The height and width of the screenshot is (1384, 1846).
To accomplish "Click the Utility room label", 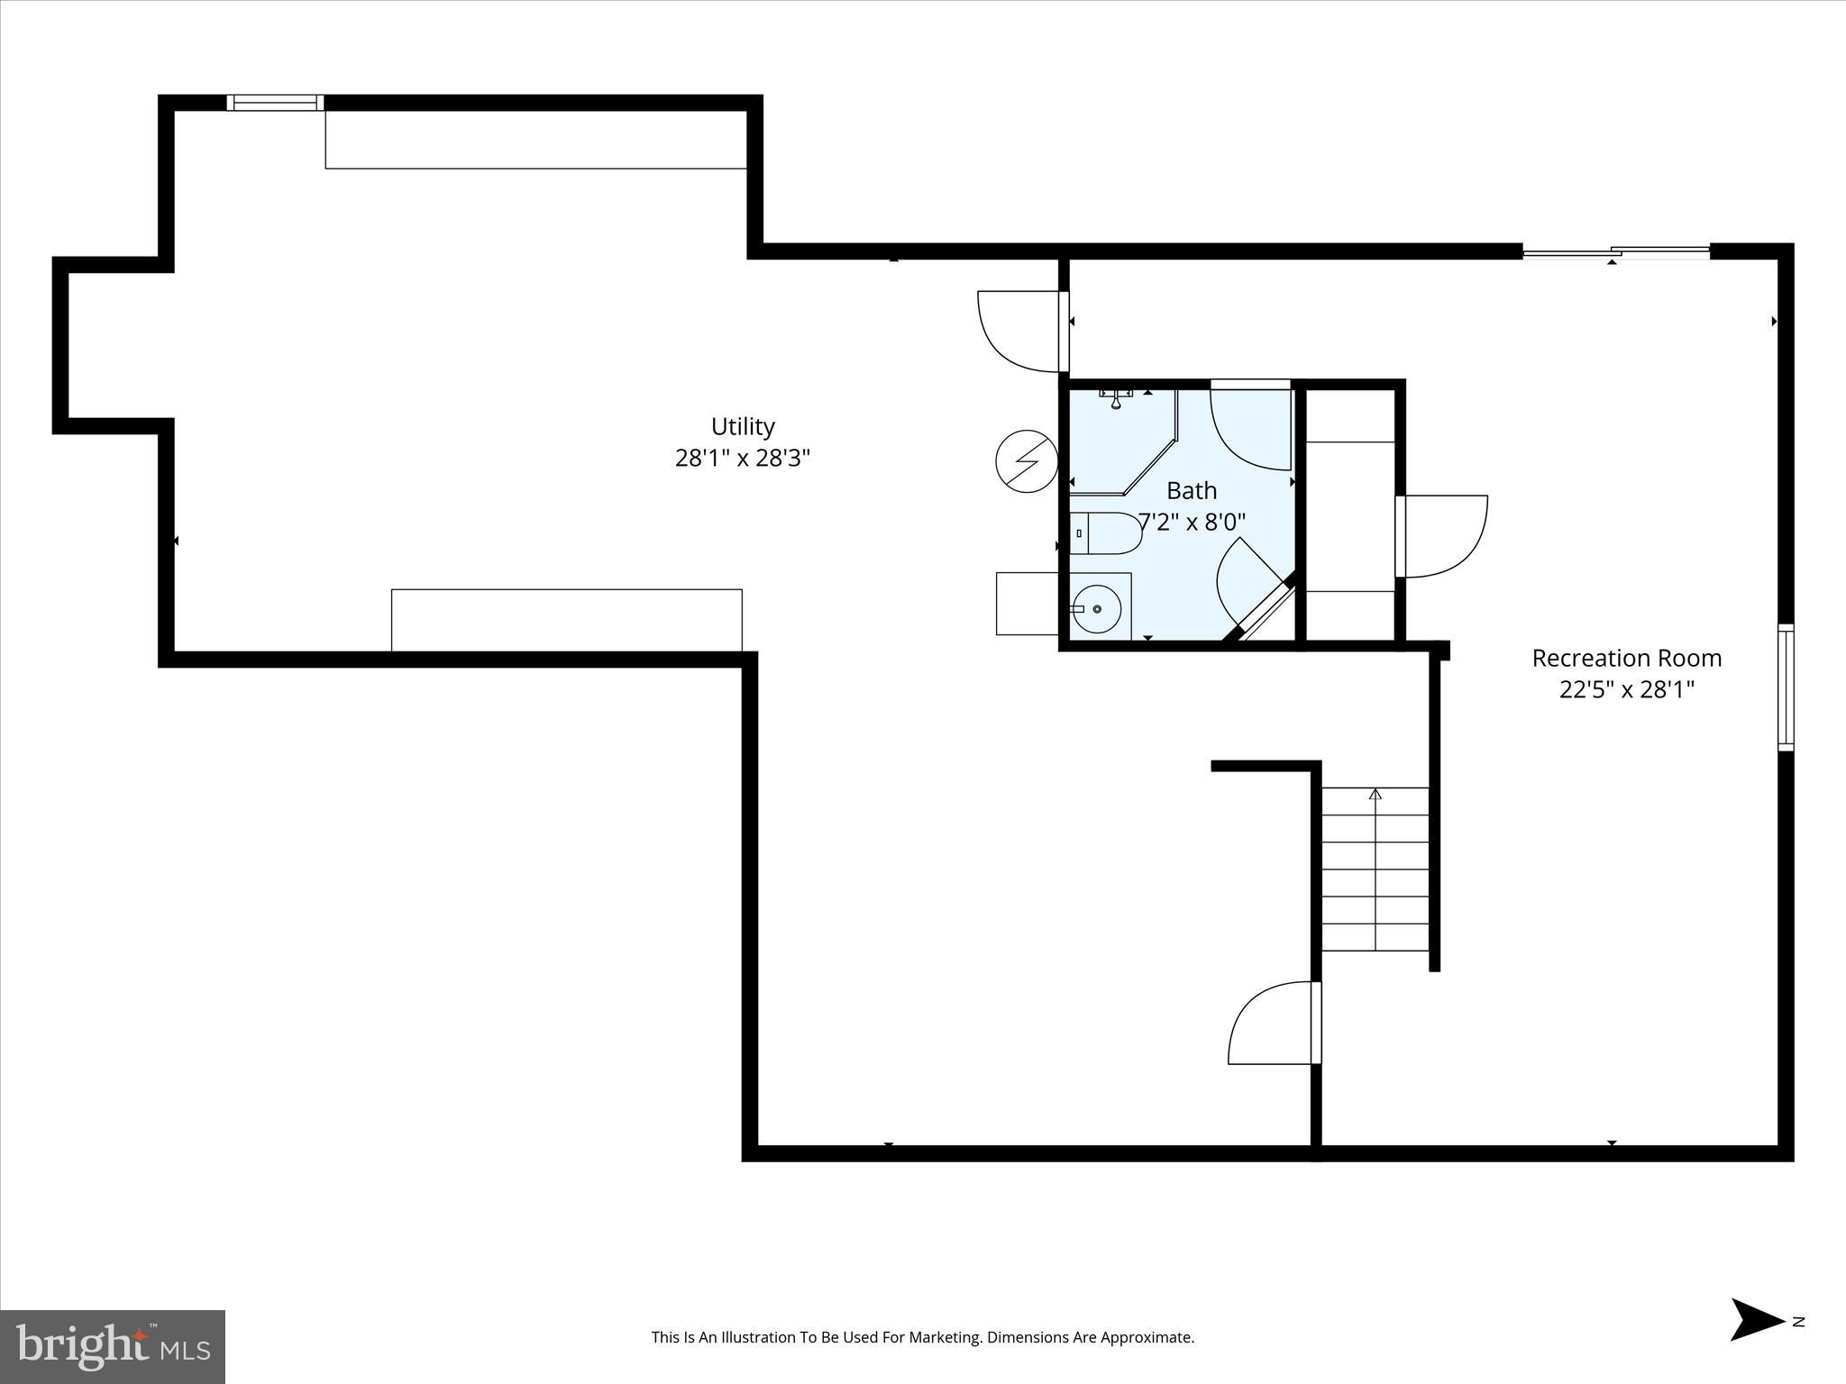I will click(743, 426).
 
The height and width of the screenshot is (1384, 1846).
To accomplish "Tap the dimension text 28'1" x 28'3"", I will click(743, 459).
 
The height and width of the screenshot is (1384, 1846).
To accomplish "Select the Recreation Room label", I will click(1626, 658).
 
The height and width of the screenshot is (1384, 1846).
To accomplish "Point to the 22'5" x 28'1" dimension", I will click(1626, 690).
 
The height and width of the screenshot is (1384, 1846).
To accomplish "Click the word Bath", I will click(1192, 491).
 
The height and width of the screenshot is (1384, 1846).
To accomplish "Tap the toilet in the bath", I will click(1106, 533).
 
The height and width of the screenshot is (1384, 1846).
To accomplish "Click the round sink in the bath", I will click(1097, 609).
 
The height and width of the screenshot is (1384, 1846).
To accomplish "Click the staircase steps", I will click(1375, 870).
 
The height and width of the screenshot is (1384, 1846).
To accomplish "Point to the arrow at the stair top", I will click(1375, 795).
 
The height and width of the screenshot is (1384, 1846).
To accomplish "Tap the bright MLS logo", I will click(113, 1347).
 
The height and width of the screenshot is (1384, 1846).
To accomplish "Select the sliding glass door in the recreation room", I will click(1615, 252).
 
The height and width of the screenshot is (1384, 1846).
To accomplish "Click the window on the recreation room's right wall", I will click(1785, 687).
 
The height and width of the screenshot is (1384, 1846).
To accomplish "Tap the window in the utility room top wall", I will click(275, 103).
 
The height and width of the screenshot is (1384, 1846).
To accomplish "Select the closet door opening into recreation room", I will click(1442, 536).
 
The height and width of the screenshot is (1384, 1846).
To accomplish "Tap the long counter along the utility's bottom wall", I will click(566, 620).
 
